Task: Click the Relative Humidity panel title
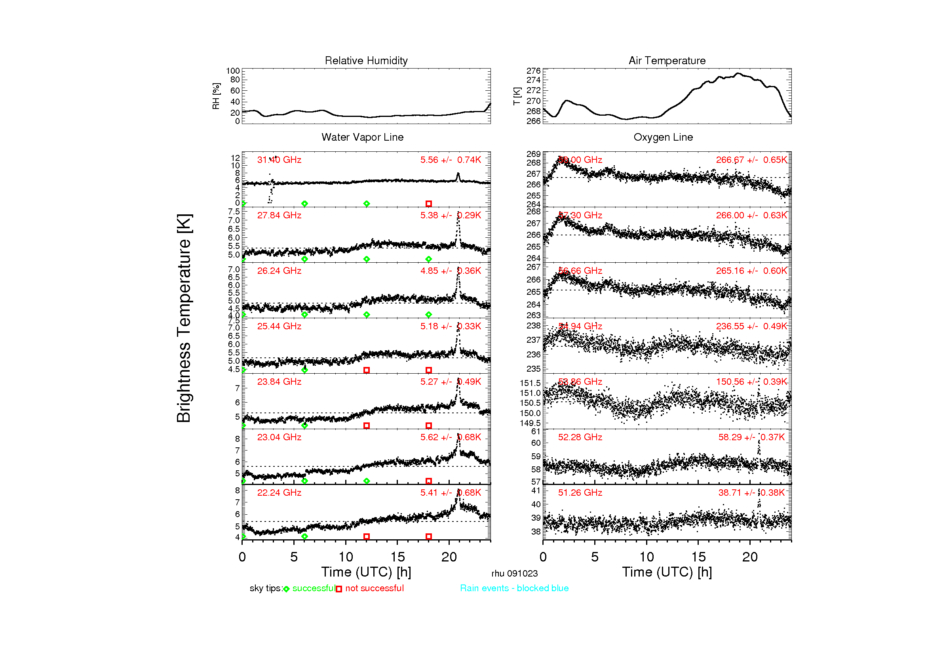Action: pyautogui.click(x=366, y=61)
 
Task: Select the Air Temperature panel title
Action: pyautogui.click(x=667, y=61)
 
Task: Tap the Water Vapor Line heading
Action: pyautogui.click(x=363, y=137)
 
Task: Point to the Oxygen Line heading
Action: pyautogui.click(x=663, y=137)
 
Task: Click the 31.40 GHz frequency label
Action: pyautogui.click(x=279, y=160)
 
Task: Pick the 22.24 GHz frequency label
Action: pyautogui.click(x=279, y=493)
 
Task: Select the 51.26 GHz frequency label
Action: pyautogui.click(x=580, y=493)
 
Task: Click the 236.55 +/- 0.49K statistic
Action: pyautogui.click(x=751, y=327)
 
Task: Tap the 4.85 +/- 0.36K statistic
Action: pyautogui.click(x=451, y=271)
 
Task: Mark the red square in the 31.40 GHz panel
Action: pyautogui.click(x=429, y=204)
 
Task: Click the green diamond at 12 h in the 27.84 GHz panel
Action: pyautogui.click(x=367, y=259)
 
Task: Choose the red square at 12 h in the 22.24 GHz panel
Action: pyautogui.click(x=367, y=537)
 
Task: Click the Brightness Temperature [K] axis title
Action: pyautogui.click(x=184, y=318)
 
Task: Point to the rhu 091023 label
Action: pyautogui.click(x=515, y=573)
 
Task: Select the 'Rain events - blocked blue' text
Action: pyautogui.click(x=514, y=588)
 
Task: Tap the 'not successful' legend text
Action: pyautogui.click(x=374, y=588)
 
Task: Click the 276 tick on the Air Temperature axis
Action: pyautogui.click(x=533, y=71)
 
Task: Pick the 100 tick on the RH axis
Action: pyautogui.click(x=233, y=71)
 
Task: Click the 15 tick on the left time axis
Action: pyautogui.click(x=397, y=558)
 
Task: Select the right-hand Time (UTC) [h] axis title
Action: pyautogui.click(x=667, y=572)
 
